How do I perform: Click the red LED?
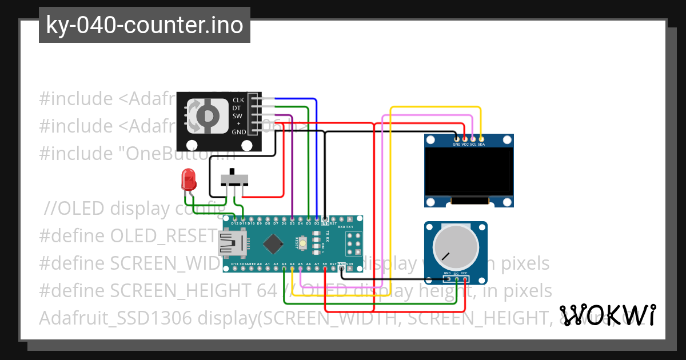click(x=188, y=179)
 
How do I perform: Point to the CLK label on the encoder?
click(x=238, y=100)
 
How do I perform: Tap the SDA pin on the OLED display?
click(x=481, y=138)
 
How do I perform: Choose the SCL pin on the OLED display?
click(x=473, y=138)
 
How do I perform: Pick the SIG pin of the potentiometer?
click(x=456, y=279)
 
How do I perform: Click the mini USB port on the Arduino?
click(x=232, y=244)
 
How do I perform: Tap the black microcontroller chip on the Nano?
click(x=274, y=244)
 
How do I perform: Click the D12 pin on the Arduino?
click(x=235, y=218)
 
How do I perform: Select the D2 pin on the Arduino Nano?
click(x=317, y=218)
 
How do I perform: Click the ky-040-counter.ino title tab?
click(x=144, y=25)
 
